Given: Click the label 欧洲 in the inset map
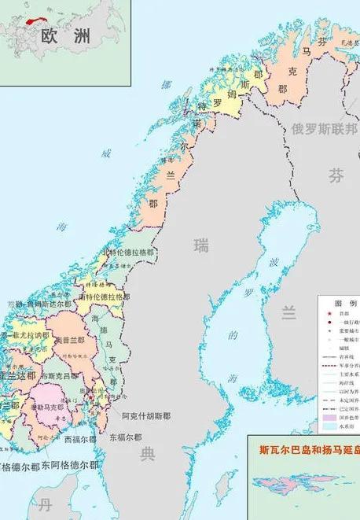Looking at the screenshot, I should (64, 36).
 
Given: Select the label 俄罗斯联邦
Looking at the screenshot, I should (324, 128).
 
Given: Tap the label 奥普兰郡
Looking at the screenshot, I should (71, 339).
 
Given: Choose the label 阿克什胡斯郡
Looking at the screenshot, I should (146, 415).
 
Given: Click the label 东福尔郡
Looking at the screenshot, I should (126, 437).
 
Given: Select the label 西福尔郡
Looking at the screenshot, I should (83, 439).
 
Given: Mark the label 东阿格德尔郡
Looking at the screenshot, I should (70, 465).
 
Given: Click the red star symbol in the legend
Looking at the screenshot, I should (328, 312).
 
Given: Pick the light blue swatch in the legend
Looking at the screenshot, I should (328, 430).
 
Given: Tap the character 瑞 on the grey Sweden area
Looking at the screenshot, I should (202, 246).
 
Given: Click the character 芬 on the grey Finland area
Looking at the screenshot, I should (336, 175).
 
